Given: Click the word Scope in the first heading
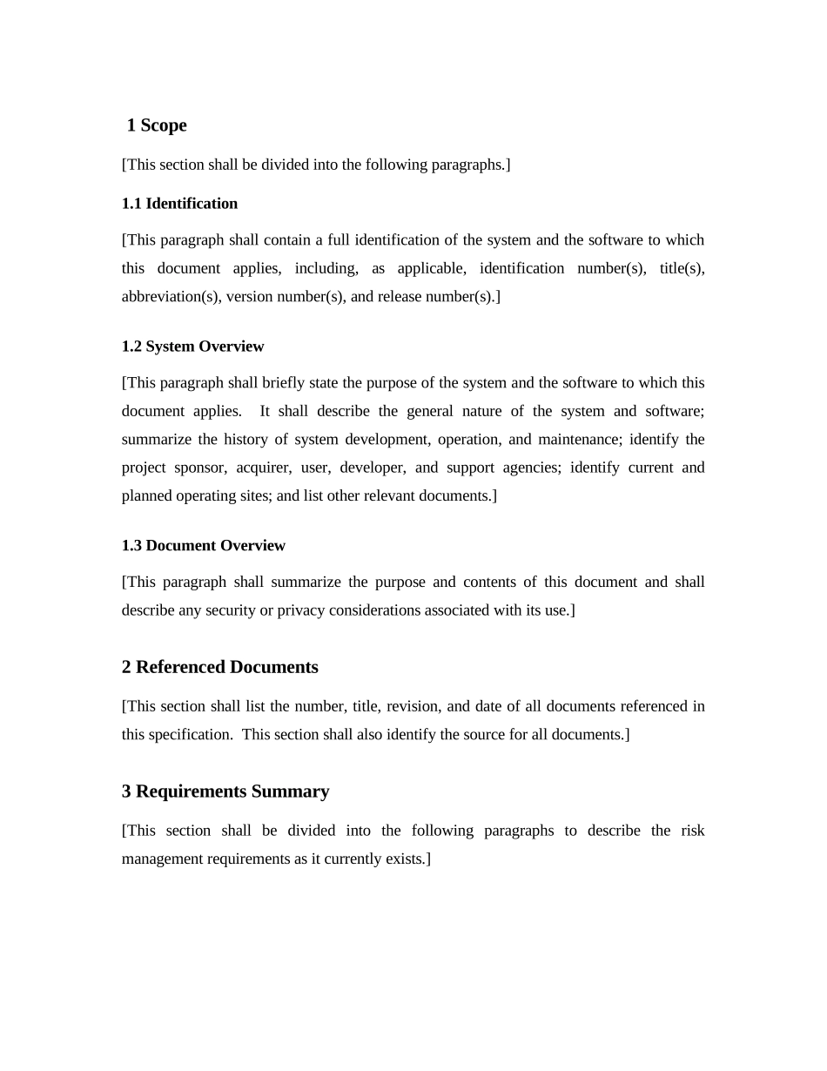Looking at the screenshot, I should pyautogui.click(x=164, y=125).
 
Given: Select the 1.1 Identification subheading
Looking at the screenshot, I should pyautogui.click(x=179, y=204).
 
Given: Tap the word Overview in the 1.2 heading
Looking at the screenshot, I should pyautogui.click(x=231, y=347).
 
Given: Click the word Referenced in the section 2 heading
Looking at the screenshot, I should pyautogui.click(x=180, y=668).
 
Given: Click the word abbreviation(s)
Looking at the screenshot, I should pyautogui.click(x=171, y=297).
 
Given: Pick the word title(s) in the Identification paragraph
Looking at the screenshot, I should pyautogui.click(x=682, y=268).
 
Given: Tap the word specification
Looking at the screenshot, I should pyautogui.click(x=189, y=735).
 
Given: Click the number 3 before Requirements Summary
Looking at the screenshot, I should pyautogui.click(x=126, y=791).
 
